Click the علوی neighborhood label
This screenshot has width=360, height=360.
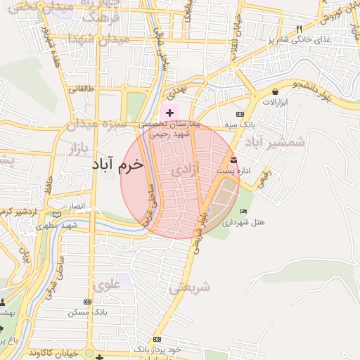[x=106, y=285]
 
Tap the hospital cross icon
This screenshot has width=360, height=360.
[x=169, y=112]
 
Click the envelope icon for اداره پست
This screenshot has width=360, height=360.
[x=233, y=160]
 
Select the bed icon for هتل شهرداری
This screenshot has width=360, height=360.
[x=244, y=211]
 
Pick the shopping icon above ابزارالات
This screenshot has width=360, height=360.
[x=275, y=91]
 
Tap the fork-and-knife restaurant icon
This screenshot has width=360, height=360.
[x=299, y=29]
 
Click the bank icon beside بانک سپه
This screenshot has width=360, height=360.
[x=240, y=113]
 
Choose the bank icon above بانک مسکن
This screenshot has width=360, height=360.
[x=87, y=300]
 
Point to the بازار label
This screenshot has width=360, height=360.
[x=83, y=148]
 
